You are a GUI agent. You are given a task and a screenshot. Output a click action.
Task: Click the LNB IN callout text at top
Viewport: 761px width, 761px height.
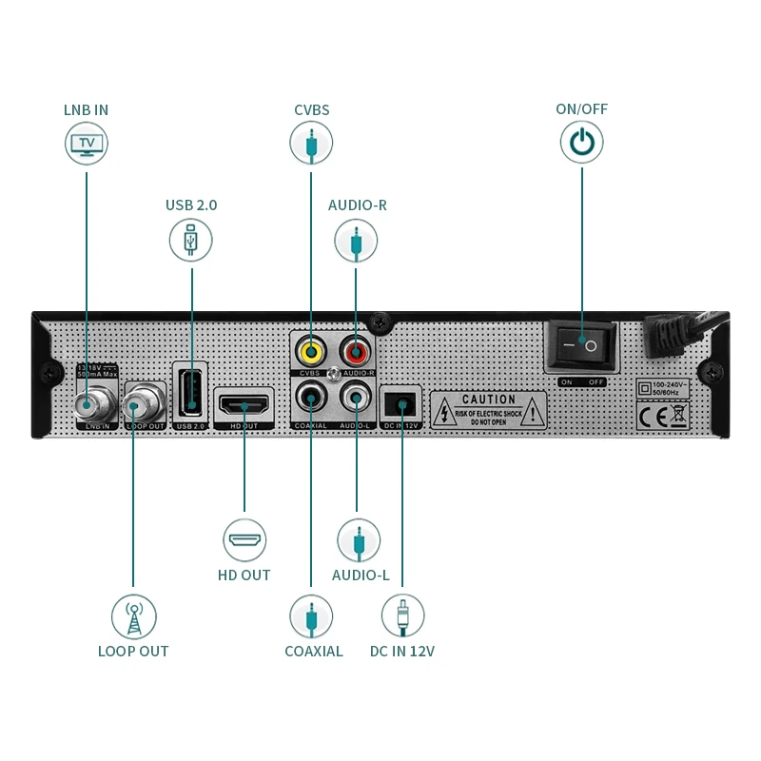[86, 109]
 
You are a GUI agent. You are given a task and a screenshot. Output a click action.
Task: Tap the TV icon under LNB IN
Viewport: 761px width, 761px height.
[87, 145]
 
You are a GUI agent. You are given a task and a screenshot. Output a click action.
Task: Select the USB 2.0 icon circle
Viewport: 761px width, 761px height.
[191, 240]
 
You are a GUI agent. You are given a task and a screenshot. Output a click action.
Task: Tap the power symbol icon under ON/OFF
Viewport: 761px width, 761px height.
[581, 144]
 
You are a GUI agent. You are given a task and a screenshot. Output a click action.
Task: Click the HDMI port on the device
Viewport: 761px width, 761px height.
[245, 404]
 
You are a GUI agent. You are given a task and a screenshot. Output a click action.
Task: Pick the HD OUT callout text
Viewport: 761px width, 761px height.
[244, 576]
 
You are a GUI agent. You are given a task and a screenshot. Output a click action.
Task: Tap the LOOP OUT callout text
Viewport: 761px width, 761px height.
[133, 652]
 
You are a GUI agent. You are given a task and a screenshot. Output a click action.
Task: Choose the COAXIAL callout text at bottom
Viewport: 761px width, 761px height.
[313, 652]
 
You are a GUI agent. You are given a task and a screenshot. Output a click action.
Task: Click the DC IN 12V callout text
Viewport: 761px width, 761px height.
[402, 652]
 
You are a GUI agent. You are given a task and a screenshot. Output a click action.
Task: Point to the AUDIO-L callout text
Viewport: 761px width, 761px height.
[361, 576]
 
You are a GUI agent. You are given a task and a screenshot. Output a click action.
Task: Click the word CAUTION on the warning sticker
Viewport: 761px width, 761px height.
[489, 400]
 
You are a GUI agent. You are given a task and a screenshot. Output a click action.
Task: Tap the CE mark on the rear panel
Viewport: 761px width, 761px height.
[652, 415]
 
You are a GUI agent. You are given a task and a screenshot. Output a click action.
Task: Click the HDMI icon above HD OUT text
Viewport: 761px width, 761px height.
[244, 540]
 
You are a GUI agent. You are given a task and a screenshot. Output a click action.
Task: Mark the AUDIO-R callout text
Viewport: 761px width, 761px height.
[358, 205]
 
